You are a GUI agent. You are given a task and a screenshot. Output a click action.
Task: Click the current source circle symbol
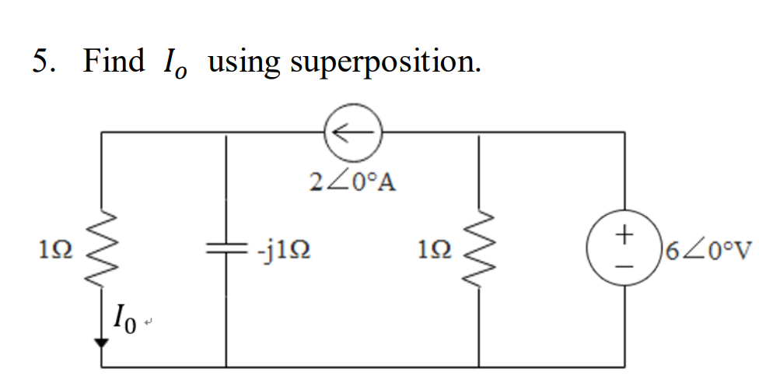click(352, 133)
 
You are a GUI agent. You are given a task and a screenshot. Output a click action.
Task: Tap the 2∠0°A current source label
click(352, 181)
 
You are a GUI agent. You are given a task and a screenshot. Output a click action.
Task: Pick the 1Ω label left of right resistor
click(432, 251)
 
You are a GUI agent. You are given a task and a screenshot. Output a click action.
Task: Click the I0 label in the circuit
click(127, 317)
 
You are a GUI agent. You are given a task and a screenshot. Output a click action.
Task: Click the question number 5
click(43, 61)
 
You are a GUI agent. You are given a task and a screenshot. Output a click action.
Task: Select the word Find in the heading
click(114, 61)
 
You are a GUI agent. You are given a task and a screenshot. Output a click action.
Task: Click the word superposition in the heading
click(386, 62)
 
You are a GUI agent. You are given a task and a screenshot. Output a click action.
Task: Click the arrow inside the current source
click(352, 133)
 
